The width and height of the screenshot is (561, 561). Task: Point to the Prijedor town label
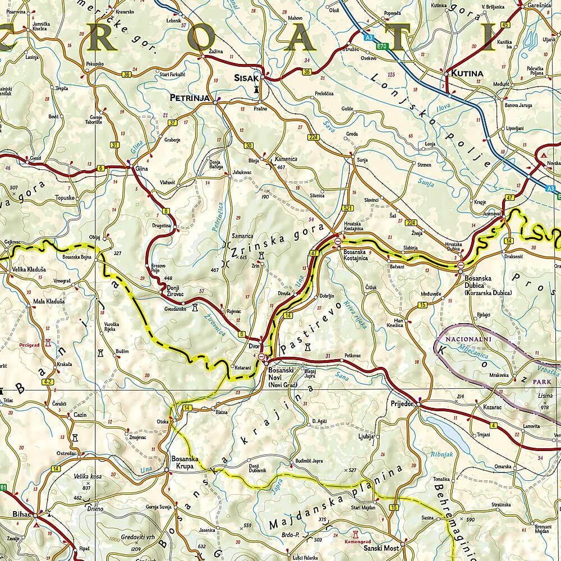tap(402, 403)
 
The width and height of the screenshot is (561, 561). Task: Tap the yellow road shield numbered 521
tap(347, 209)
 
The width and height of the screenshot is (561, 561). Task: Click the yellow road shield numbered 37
tap(172, 122)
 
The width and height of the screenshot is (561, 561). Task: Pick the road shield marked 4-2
tap(48, 382)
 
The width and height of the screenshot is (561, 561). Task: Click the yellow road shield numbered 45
tap(505, 25)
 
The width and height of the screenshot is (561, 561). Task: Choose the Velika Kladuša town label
tap(29, 269)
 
